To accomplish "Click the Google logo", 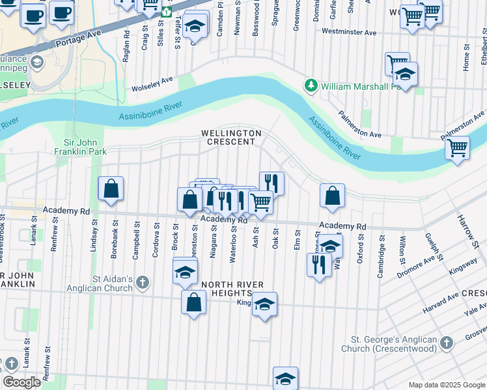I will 21,382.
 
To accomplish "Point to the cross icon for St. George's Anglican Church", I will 446,343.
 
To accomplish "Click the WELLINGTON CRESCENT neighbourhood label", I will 231,137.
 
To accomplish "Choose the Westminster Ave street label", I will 349,32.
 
